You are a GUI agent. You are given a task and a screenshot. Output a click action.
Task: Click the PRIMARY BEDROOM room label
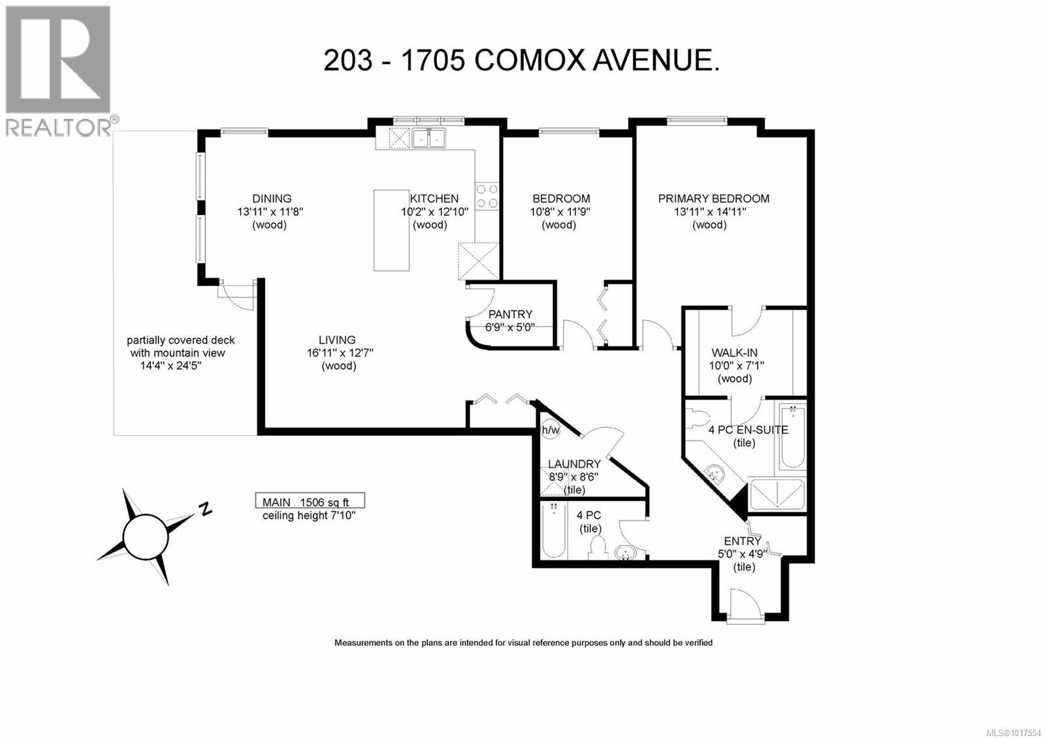point(713,199)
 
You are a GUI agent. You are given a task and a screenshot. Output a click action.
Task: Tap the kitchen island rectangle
point(391,230)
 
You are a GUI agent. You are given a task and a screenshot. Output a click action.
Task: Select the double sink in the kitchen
point(428,138)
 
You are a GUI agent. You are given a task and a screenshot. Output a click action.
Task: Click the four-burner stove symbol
point(487,196)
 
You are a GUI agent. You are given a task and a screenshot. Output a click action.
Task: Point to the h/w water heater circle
point(551,430)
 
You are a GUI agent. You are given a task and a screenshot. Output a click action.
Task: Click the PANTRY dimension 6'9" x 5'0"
point(510,327)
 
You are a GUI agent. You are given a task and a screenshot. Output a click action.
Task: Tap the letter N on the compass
point(206,508)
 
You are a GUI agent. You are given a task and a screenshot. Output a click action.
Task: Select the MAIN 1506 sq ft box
point(310,502)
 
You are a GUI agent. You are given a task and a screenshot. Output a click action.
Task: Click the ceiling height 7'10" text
point(309,515)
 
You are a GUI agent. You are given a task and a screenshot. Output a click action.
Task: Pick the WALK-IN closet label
point(735,353)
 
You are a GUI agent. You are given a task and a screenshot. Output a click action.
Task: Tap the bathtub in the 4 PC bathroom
point(553,530)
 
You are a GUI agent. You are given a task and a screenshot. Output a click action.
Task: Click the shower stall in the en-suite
point(777,494)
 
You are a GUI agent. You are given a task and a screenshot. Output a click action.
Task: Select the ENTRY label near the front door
point(743,541)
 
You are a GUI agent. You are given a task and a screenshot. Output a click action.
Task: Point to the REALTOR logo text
point(59,127)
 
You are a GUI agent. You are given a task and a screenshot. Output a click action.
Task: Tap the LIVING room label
point(337,340)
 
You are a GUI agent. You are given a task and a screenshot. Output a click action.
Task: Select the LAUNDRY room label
point(574,464)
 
